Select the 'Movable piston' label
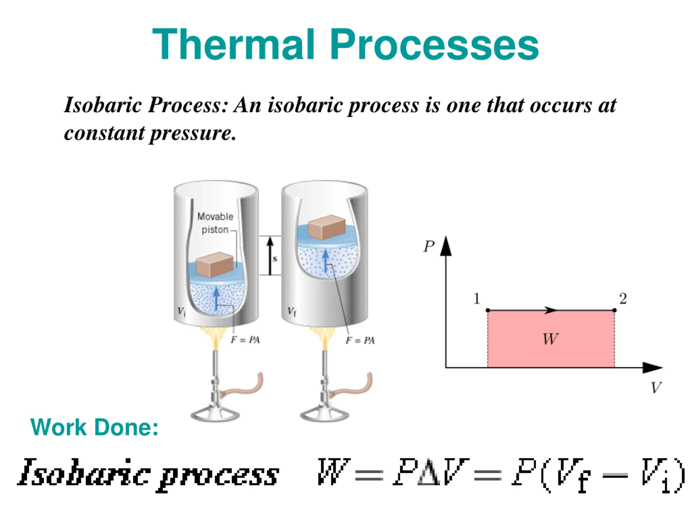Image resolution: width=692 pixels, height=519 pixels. point(215,223)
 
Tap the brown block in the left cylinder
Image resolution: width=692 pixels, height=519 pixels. point(215,265)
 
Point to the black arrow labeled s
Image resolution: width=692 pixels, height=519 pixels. point(270,256)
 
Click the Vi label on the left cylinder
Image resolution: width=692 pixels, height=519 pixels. point(181,311)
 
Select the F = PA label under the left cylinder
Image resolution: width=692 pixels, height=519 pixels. point(245,340)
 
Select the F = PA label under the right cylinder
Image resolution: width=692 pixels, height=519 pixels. point(360,340)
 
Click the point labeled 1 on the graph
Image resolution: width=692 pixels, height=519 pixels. point(488,310)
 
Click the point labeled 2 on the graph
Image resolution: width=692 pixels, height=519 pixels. point(614,310)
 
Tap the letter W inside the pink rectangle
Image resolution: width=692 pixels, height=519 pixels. point(550,339)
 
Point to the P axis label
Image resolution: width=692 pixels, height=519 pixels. point(429,247)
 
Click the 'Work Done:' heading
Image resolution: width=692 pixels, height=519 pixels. point(94,427)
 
